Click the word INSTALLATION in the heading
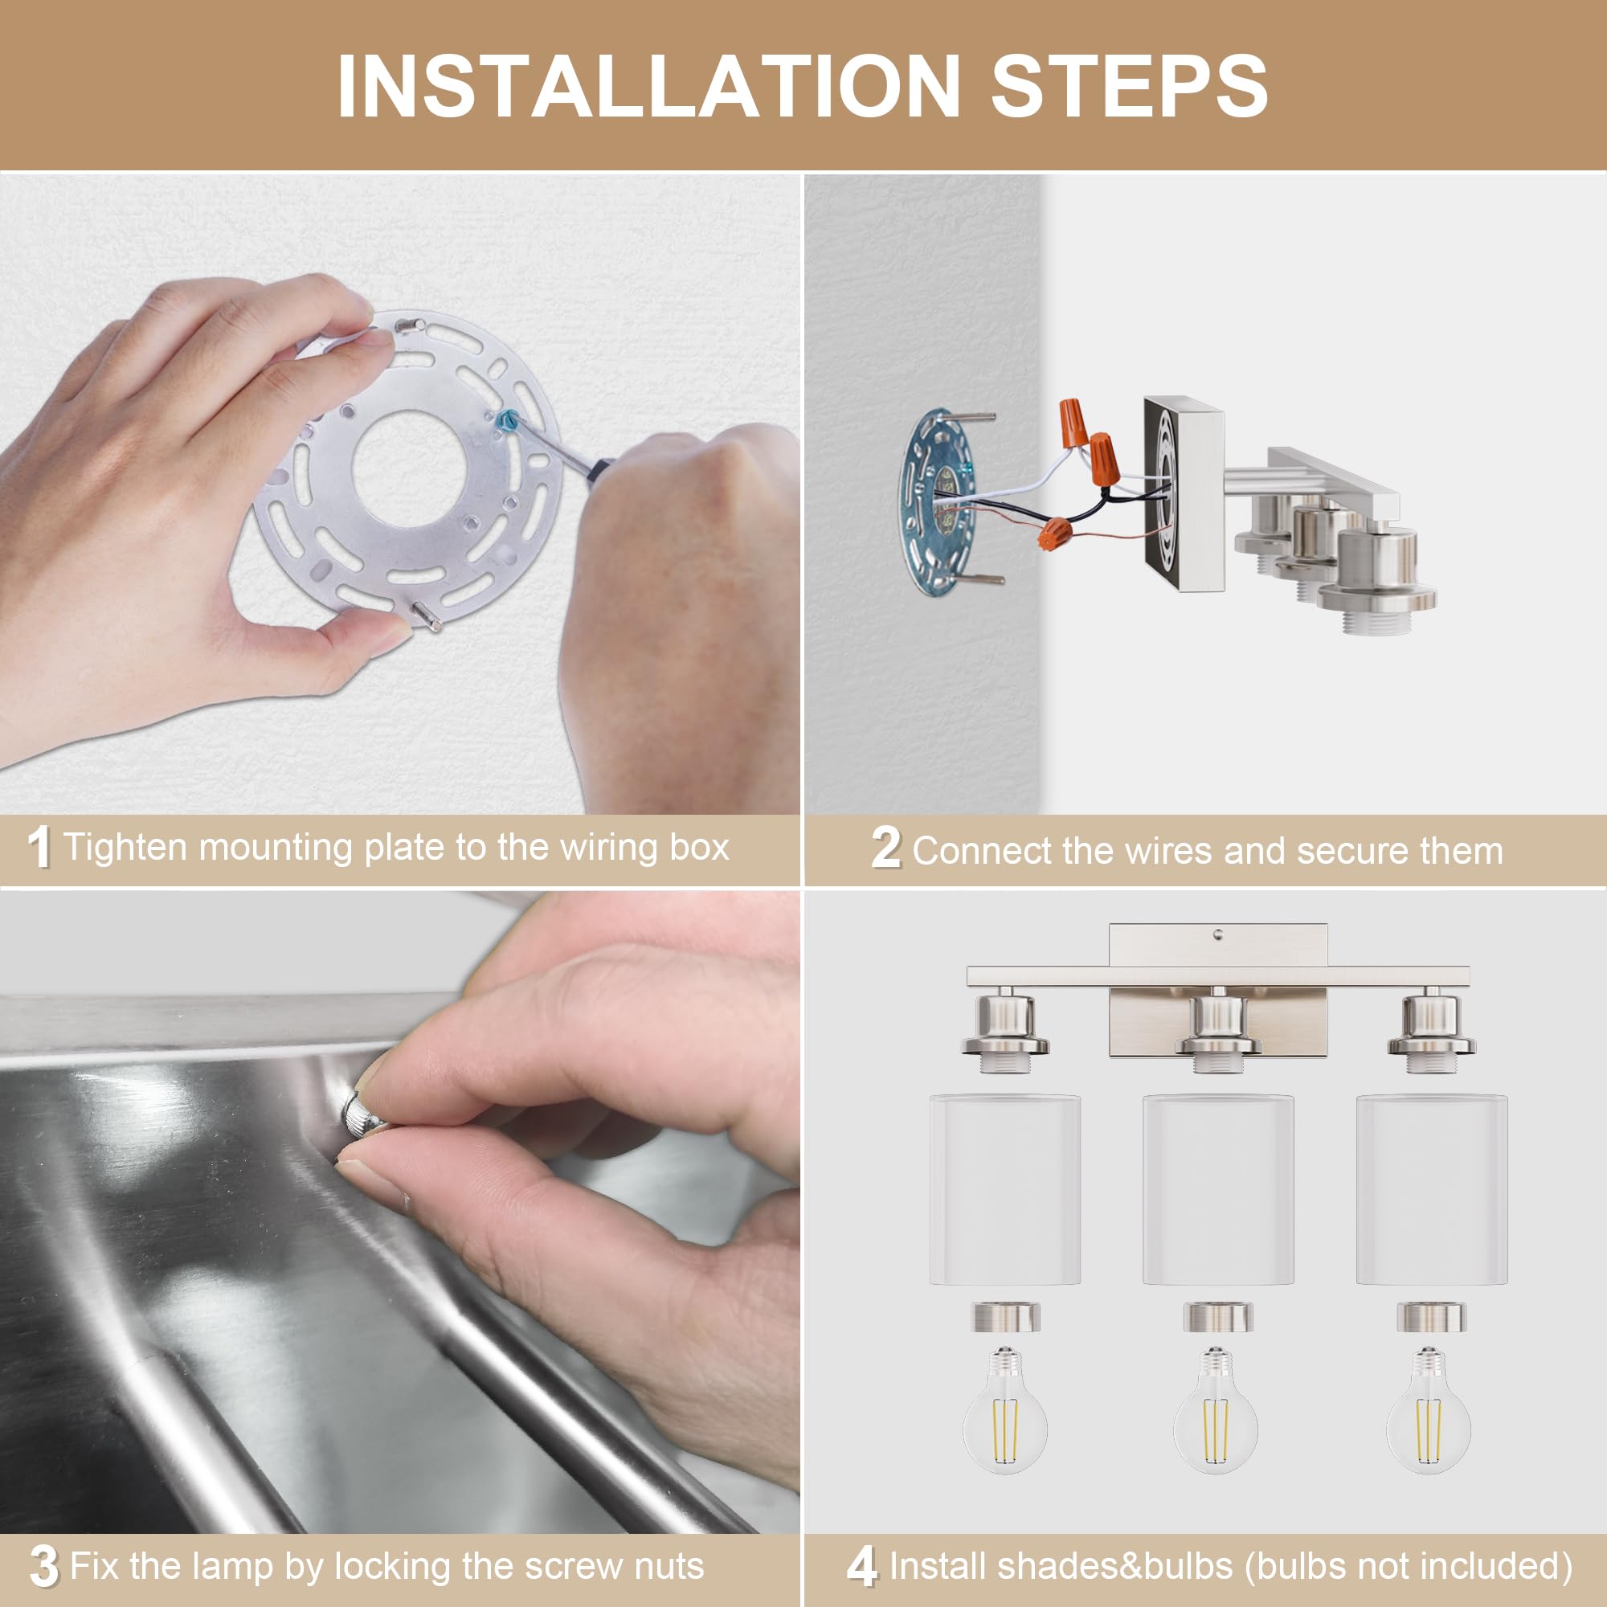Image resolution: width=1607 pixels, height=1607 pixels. [649, 87]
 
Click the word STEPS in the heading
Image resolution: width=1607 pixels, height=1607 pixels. [1130, 87]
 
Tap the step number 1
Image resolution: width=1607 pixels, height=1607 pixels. [39, 848]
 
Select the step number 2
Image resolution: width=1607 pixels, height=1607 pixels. [885, 849]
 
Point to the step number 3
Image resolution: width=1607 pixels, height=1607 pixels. [44, 1566]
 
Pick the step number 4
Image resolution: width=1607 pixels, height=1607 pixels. [862, 1566]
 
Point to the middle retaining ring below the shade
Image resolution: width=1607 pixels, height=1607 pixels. [1218, 1318]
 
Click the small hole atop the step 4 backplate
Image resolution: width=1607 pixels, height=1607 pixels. [1219, 935]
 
